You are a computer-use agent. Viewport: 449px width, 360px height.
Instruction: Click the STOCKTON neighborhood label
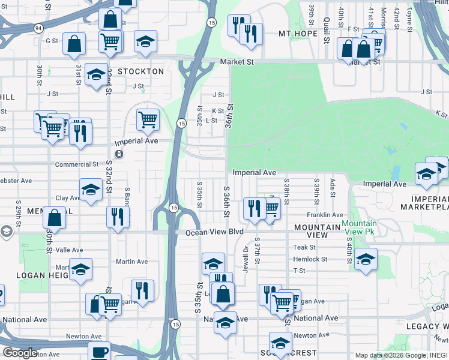(140, 71)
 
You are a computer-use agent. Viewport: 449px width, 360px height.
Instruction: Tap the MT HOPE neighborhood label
(297, 34)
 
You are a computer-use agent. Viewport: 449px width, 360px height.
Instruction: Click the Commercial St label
(76, 164)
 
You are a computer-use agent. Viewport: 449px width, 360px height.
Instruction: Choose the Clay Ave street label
(68, 198)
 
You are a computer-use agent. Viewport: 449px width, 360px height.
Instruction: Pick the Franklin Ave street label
(325, 215)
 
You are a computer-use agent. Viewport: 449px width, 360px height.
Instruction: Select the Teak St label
(304, 247)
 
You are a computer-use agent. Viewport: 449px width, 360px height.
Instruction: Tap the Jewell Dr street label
(246, 256)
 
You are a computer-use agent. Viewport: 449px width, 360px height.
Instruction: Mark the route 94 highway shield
(38, 28)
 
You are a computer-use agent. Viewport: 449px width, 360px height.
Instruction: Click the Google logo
(20, 352)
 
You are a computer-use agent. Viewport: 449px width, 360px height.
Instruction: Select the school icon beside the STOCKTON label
(96, 74)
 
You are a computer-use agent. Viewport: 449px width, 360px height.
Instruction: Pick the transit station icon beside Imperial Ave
(119, 154)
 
